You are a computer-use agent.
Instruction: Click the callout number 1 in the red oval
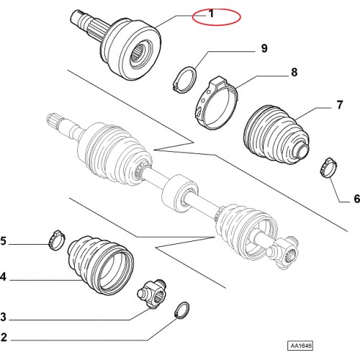[x=211, y=14]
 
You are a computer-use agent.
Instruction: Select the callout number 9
[x=264, y=48]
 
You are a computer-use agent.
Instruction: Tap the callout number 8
[x=294, y=72]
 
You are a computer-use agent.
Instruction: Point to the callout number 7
[x=339, y=105]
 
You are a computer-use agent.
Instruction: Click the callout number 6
[x=356, y=199]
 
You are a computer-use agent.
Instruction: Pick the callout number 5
[x=3, y=240]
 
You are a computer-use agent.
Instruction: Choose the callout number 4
[x=3, y=276]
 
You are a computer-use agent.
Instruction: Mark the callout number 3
[x=3, y=317]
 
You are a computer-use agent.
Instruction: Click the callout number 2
[x=4, y=337]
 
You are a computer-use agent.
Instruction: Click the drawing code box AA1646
[x=300, y=346]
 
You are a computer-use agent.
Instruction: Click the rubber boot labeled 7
[x=276, y=135]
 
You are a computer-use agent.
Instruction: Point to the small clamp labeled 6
[x=328, y=168]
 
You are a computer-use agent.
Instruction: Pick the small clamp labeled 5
[x=57, y=240]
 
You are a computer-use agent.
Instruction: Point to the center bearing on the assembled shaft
[x=180, y=194]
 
